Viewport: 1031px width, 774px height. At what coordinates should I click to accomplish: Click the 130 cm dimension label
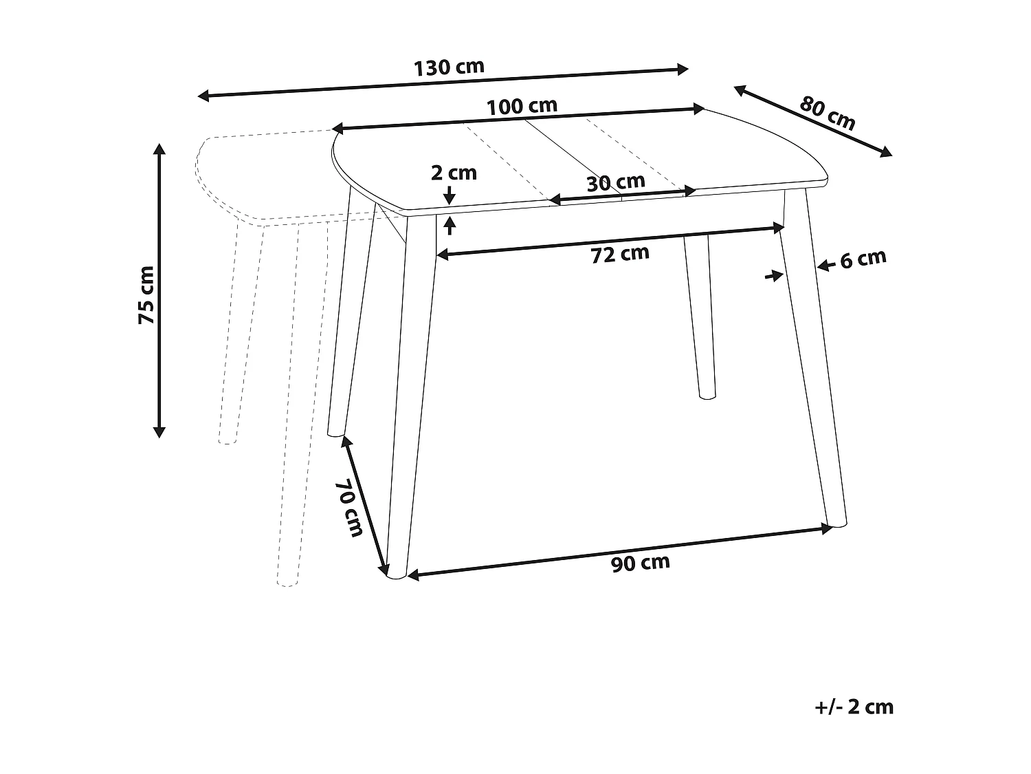click(449, 67)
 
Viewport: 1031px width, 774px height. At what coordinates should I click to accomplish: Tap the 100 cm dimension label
click(522, 107)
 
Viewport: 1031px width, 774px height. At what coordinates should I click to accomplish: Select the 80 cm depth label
click(828, 114)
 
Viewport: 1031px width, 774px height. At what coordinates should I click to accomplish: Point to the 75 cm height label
click(146, 294)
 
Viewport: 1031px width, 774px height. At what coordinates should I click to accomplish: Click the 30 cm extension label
click(616, 182)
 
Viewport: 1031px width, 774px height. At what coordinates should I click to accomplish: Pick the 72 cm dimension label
click(620, 254)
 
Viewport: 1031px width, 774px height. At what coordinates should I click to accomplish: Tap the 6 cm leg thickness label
click(863, 259)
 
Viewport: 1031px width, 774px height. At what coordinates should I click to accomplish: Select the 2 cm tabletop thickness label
click(454, 173)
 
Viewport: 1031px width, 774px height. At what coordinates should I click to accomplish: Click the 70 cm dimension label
click(351, 507)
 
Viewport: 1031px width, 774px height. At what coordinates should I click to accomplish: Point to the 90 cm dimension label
click(640, 563)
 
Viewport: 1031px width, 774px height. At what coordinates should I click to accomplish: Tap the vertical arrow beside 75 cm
click(159, 290)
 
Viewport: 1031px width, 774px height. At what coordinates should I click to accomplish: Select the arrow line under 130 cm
click(443, 82)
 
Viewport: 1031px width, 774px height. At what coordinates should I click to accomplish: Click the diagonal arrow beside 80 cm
click(813, 121)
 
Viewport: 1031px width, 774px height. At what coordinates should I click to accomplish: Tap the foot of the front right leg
click(838, 525)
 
